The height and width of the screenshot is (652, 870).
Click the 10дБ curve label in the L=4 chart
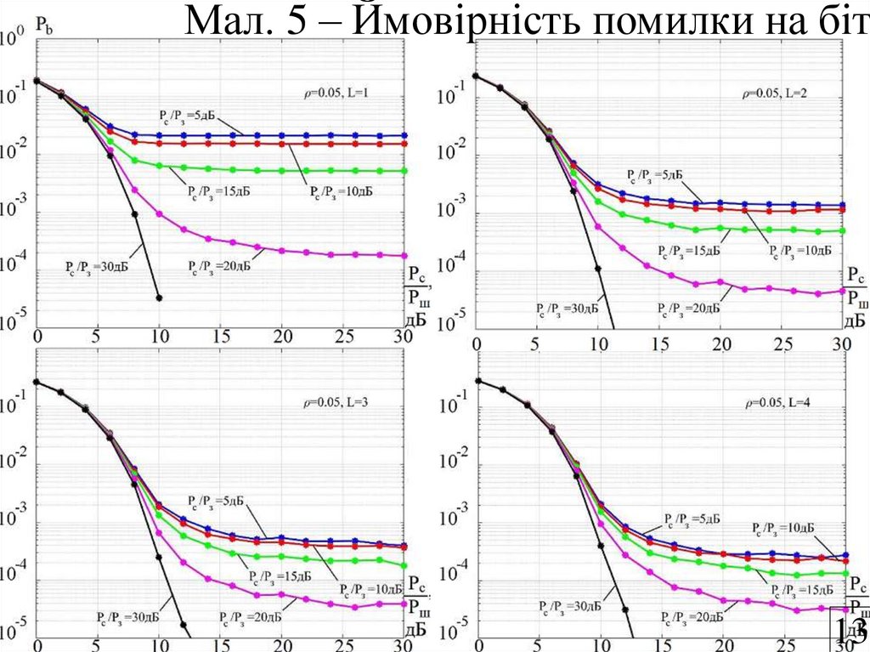(x=784, y=528)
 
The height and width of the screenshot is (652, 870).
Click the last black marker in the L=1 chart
(x=159, y=298)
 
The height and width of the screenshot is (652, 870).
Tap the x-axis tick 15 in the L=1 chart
(x=220, y=337)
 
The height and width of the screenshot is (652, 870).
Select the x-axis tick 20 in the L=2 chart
(x=720, y=343)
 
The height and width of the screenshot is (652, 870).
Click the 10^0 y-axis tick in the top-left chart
(x=13, y=39)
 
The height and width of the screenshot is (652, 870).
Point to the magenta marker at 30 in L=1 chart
(x=404, y=255)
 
